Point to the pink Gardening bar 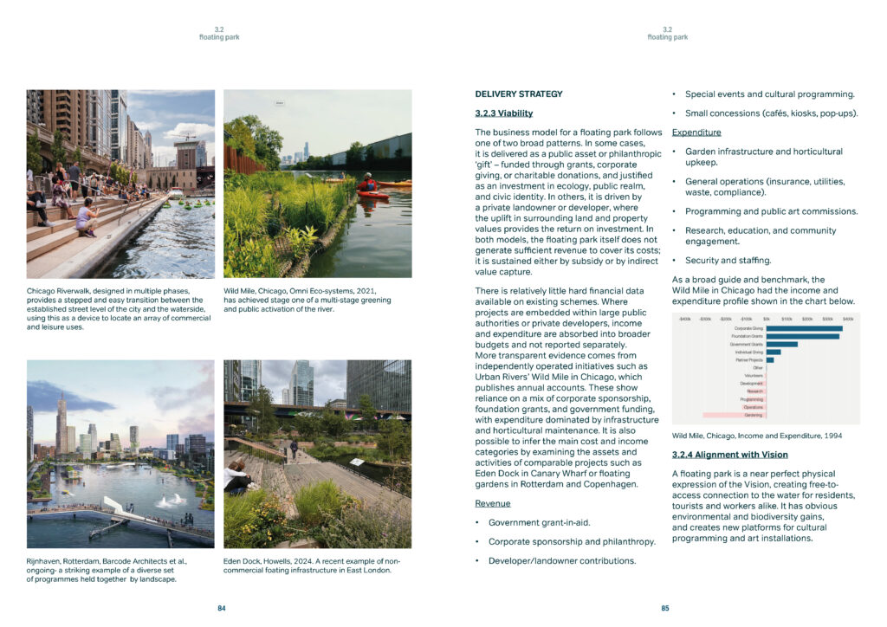(735, 416)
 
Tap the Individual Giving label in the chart (750, 352)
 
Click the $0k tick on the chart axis (766, 319)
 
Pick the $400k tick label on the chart (847, 319)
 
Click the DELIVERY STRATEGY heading (519, 94)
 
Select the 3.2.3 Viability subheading (504, 113)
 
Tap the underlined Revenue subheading (492, 503)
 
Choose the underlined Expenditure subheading (696, 133)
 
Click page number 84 (221, 608)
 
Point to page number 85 (665, 608)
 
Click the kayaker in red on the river (368, 184)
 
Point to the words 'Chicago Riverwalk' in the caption (54, 290)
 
